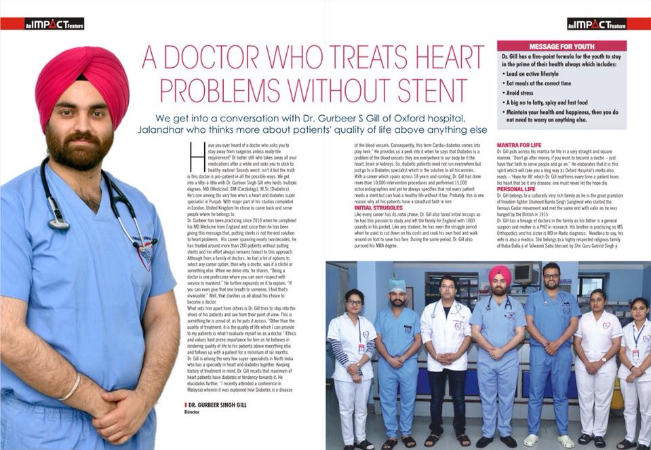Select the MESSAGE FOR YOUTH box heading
(x=561, y=46)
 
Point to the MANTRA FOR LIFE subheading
(x=519, y=146)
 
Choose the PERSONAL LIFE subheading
(x=517, y=188)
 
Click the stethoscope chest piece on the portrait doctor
(x=58, y=222)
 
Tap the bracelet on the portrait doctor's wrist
(x=71, y=388)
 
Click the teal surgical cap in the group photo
(x=398, y=286)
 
